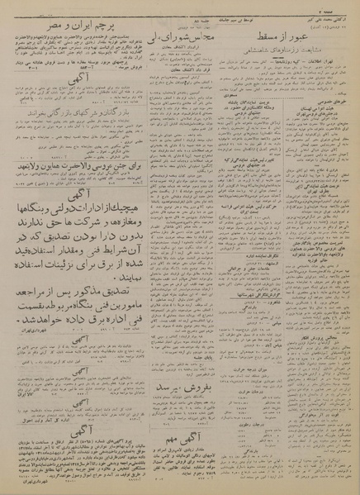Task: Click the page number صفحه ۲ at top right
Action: coord(342,5)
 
